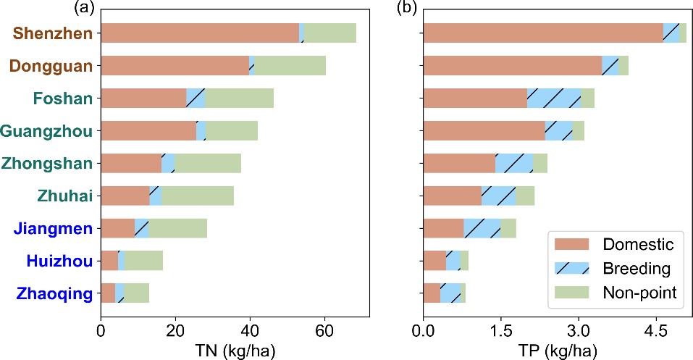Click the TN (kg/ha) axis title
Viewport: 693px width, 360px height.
pyautogui.click(x=230, y=349)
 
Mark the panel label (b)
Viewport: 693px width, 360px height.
pyautogui.click(x=408, y=8)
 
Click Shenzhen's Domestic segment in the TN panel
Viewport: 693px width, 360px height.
pyautogui.click(x=199, y=33)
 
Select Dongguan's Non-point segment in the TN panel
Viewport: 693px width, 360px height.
pyautogui.click(x=290, y=65)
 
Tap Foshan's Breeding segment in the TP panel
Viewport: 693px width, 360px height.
pyautogui.click(x=554, y=98)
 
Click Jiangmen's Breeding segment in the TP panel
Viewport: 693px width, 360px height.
pyautogui.click(x=482, y=228)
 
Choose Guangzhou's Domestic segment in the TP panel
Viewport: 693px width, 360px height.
pyautogui.click(x=484, y=130)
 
